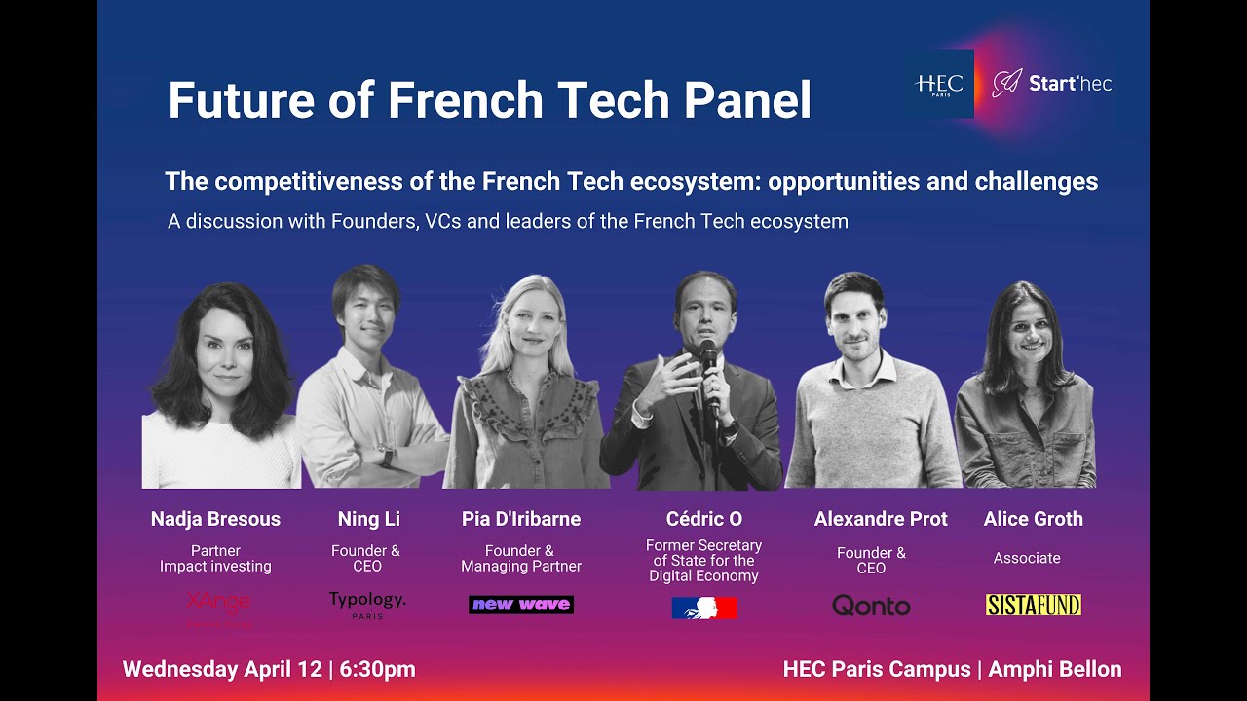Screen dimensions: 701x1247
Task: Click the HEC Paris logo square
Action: [x=939, y=84]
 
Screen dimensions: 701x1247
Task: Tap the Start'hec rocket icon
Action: [x=1006, y=84]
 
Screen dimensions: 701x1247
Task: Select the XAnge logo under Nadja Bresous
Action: [x=218, y=603]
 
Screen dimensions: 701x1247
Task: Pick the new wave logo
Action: [x=521, y=605]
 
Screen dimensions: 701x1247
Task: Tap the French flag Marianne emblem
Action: [x=703, y=608]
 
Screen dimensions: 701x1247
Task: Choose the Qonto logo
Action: [x=871, y=607]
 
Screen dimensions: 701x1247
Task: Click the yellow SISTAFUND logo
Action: [x=1033, y=605]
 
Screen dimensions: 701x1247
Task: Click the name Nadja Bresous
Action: [x=215, y=519]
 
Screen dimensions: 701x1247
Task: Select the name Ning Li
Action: [x=369, y=519]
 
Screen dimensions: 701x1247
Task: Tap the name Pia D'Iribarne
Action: [x=521, y=519]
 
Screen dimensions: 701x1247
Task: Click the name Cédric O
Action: [x=703, y=519]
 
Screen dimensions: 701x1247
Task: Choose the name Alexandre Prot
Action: [x=881, y=519]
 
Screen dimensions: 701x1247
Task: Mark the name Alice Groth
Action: [x=1033, y=519]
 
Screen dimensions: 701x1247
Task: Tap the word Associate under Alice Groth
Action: [x=1027, y=558]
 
